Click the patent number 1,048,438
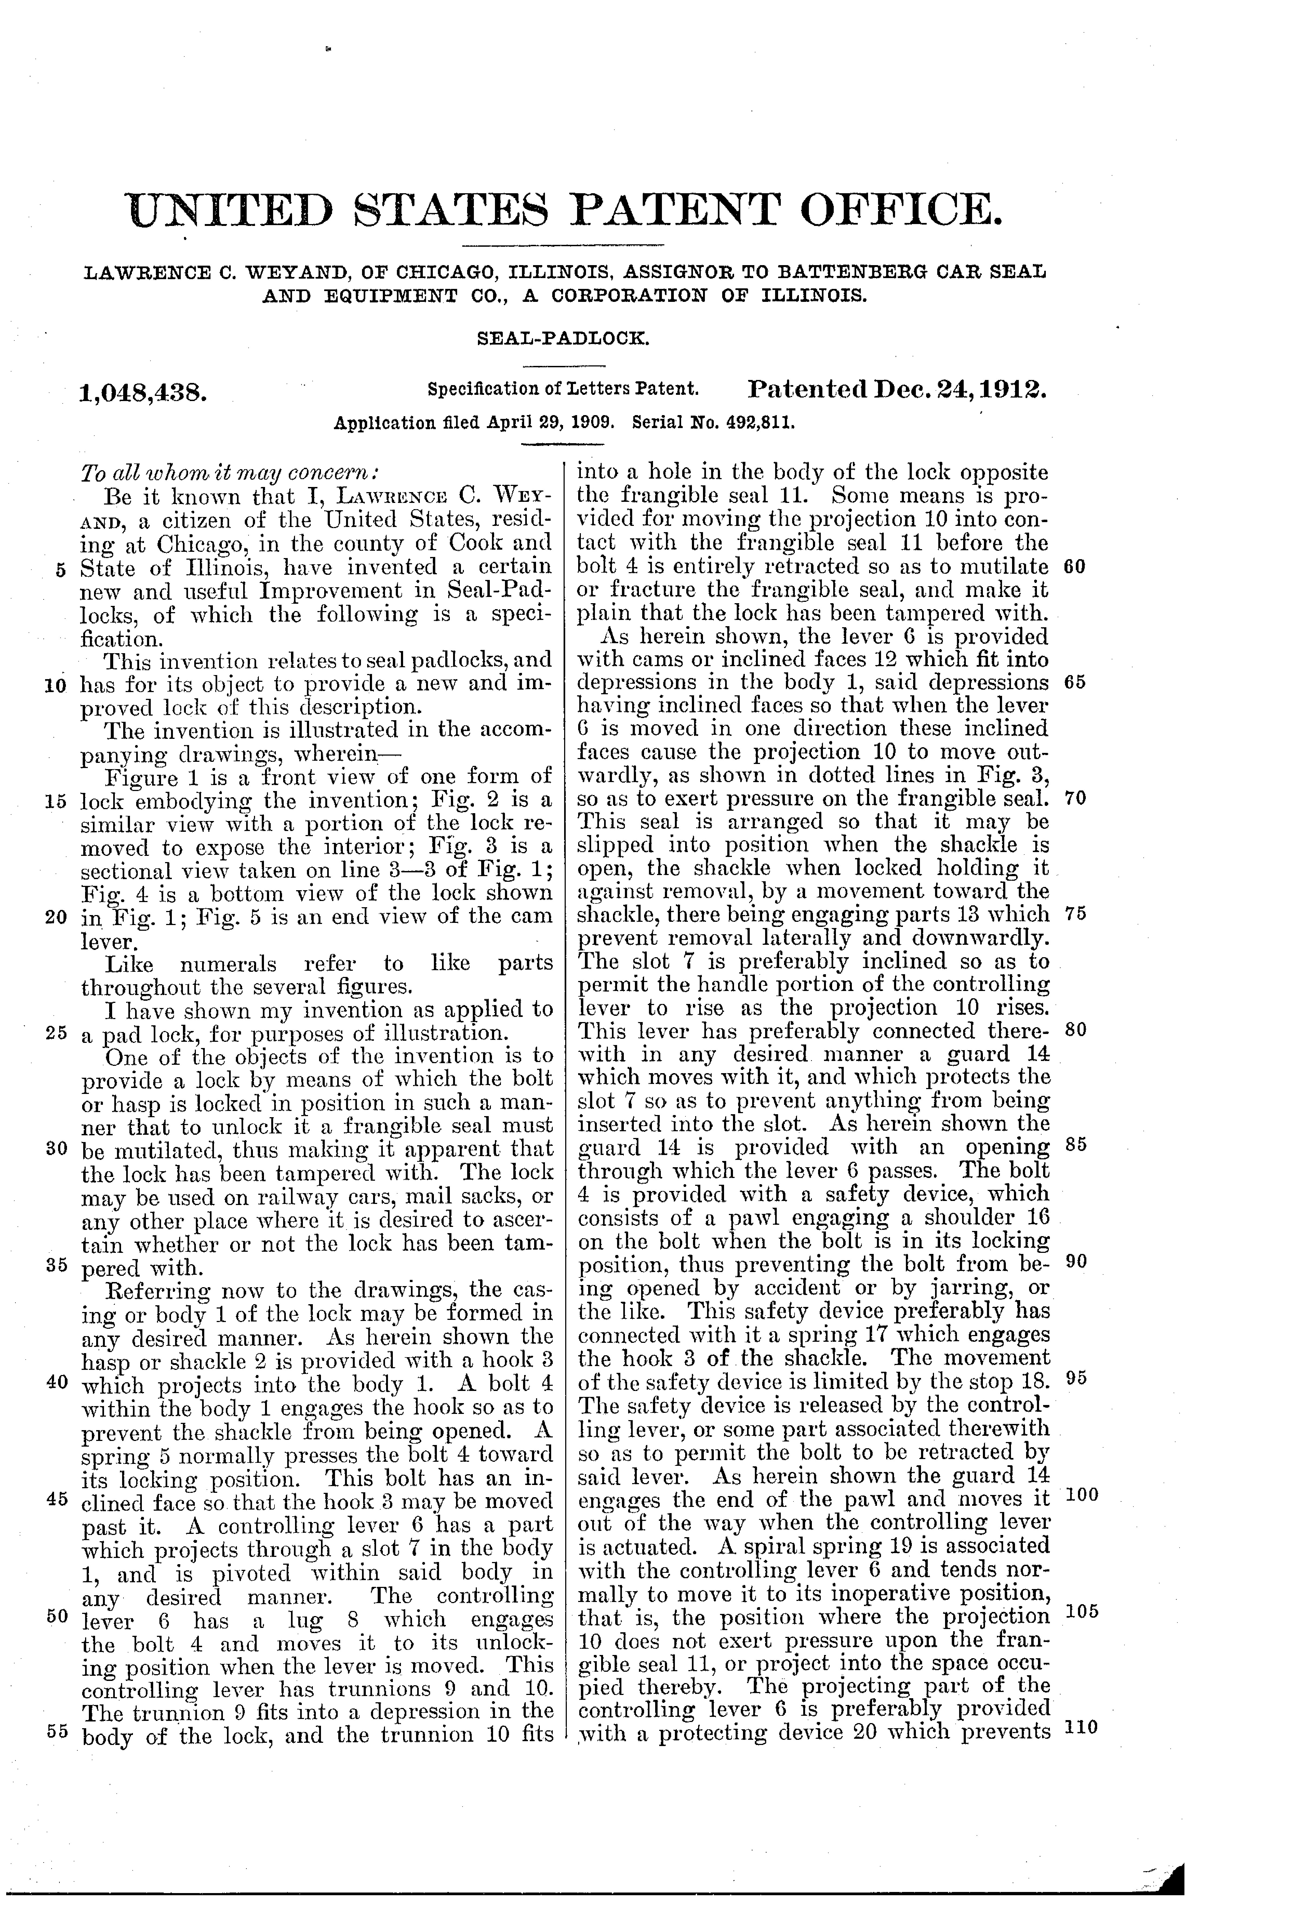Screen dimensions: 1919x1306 (142, 392)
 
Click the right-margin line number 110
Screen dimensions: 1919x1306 (1081, 1726)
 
